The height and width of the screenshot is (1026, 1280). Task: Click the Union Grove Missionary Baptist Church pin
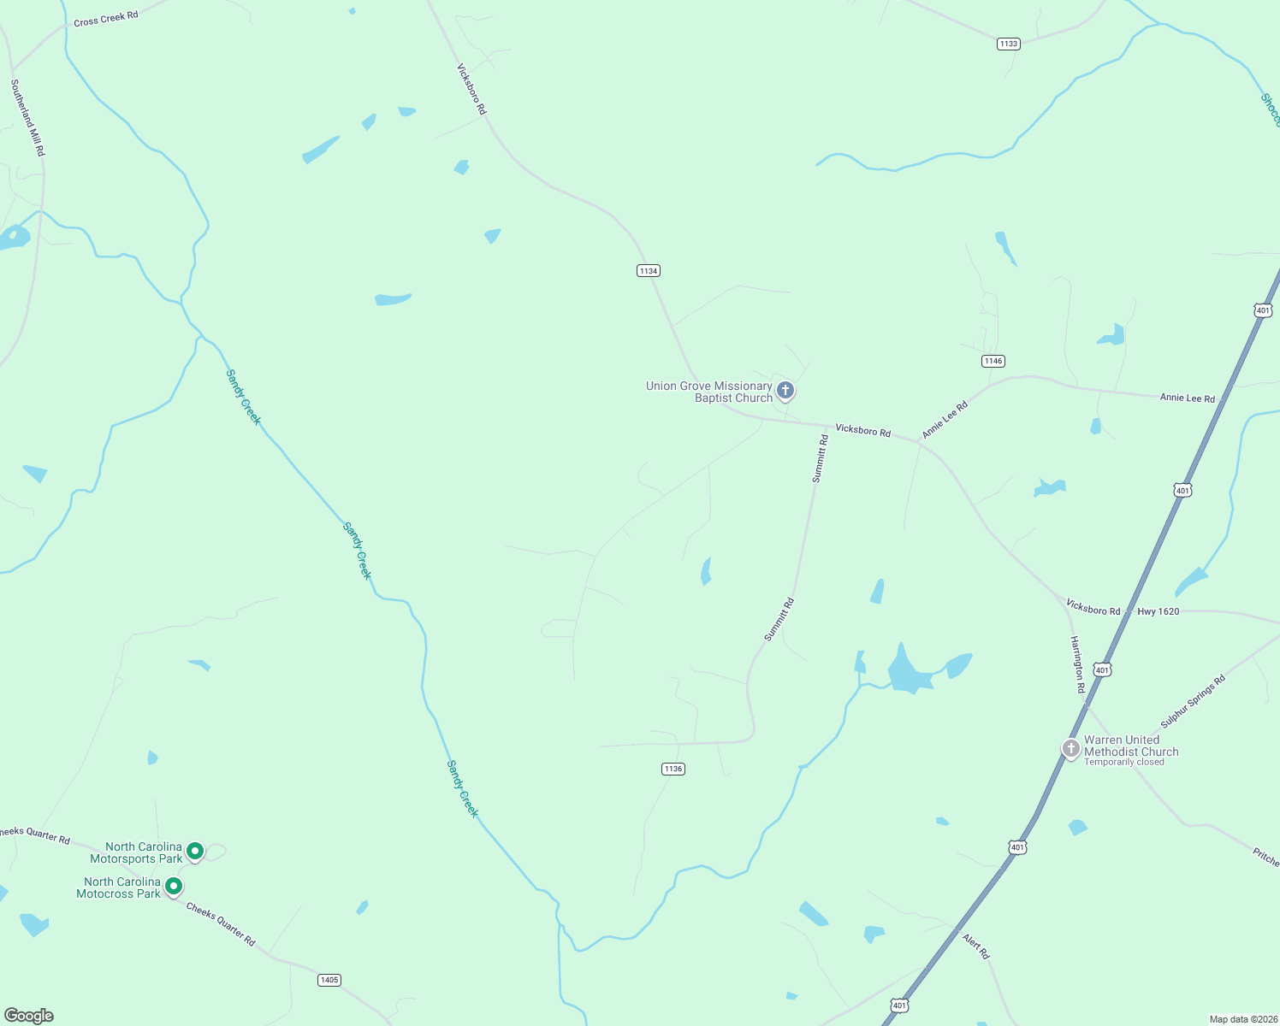[x=785, y=391]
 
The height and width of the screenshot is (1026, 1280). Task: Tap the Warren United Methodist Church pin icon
[x=1070, y=748]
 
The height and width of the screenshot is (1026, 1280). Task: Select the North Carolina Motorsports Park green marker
[x=195, y=851]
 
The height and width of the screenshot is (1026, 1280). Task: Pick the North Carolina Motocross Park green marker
[x=174, y=886]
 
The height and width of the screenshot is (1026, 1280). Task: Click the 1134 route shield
[x=649, y=271]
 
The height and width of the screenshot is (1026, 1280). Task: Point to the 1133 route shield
[x=1009, y=44]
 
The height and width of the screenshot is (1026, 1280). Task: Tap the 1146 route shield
[x=993, y=361]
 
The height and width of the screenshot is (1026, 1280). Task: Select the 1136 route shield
[x=673, y=769]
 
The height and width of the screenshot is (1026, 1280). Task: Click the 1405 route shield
[x=329, y=980]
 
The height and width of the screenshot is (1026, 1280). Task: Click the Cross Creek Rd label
[x=106, y=18]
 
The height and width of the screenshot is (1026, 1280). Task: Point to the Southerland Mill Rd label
[x=27, y=118]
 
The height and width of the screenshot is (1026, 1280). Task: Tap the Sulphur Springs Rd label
[x=1193, y=701]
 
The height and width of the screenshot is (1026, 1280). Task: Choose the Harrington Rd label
[x=1078, y=664]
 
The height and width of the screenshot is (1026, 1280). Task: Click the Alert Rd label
[x=976, y=946]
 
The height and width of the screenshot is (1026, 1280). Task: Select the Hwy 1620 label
[x=1158, y=611]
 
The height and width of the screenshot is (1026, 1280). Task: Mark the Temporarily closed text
[x=1123, y=763]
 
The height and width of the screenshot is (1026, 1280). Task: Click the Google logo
[x=28, y=1016]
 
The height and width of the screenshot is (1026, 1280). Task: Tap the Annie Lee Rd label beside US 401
[x=1187, y=398]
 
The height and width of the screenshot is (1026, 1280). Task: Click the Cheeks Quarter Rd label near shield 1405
[x=221, y=925]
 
